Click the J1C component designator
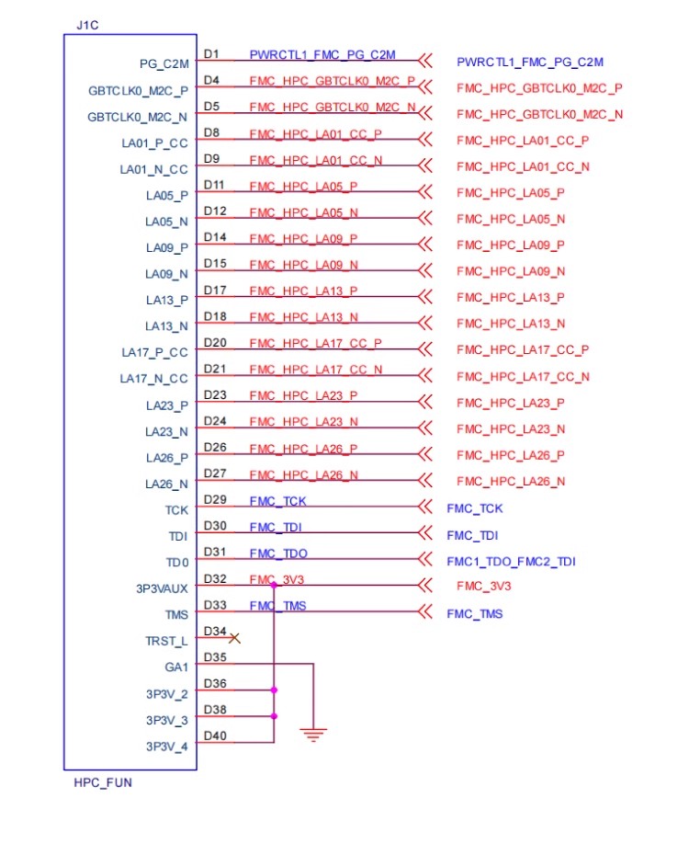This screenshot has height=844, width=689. [87, 25]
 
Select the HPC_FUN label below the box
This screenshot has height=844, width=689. [103, 782]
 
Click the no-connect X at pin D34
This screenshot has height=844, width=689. [234, 638]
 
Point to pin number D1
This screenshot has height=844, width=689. [211, 54]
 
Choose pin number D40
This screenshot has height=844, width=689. [215, 736]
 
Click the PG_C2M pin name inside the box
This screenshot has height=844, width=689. [164, 64]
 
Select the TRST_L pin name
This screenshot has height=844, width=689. [166, 641]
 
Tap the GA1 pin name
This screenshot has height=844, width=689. [176, 667]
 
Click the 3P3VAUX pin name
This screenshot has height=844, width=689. [162, 588]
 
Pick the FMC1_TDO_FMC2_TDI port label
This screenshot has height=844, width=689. [511, 562]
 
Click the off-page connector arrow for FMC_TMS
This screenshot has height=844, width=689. [425, 611]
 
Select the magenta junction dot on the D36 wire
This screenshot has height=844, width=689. [274, 690]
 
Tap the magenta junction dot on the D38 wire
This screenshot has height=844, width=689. [274, 716]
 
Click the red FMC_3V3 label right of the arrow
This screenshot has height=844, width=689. [483, 587]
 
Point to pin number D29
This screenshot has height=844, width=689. [215, 499]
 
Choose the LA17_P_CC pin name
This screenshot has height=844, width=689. [155, 352]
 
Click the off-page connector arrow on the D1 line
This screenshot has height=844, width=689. [425, 61]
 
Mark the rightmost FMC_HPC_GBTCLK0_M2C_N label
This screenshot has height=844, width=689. [539, 115]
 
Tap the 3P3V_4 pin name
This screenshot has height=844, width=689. [166, 747]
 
